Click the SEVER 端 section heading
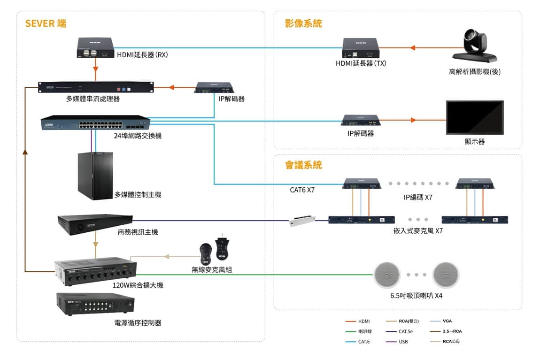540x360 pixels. (x=46, y=23)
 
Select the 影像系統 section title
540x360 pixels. (x=303, y=23)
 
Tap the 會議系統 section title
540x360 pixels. (x=303, y=165)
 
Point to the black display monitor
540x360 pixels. (x=474, y=117)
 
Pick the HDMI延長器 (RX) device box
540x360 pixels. (x=96, y=48)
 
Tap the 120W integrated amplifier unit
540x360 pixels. (x=95, y=271)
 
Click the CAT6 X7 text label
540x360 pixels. (x=302, y=190)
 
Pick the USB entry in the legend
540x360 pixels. (x=403, y=342)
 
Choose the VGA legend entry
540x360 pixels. (x=447, y=322)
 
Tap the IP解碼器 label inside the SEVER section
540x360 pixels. (x=231, y=99)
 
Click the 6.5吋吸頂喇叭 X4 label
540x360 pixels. (x=416, y=296)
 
